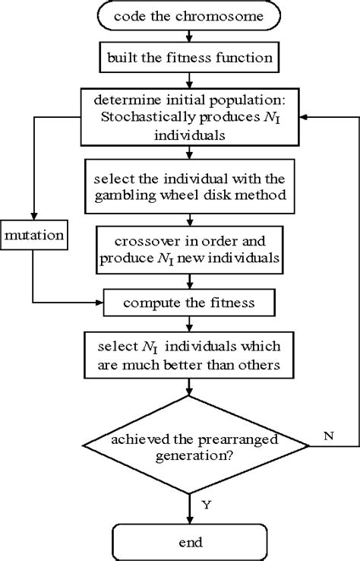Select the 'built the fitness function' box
tap(180, 56)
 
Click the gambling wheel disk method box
tap(180, 187)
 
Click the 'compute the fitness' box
tap(180, 303)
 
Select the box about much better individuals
tap(180, 356)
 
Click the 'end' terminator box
tap(180, 542)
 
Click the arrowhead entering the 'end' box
tap(180, 521)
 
